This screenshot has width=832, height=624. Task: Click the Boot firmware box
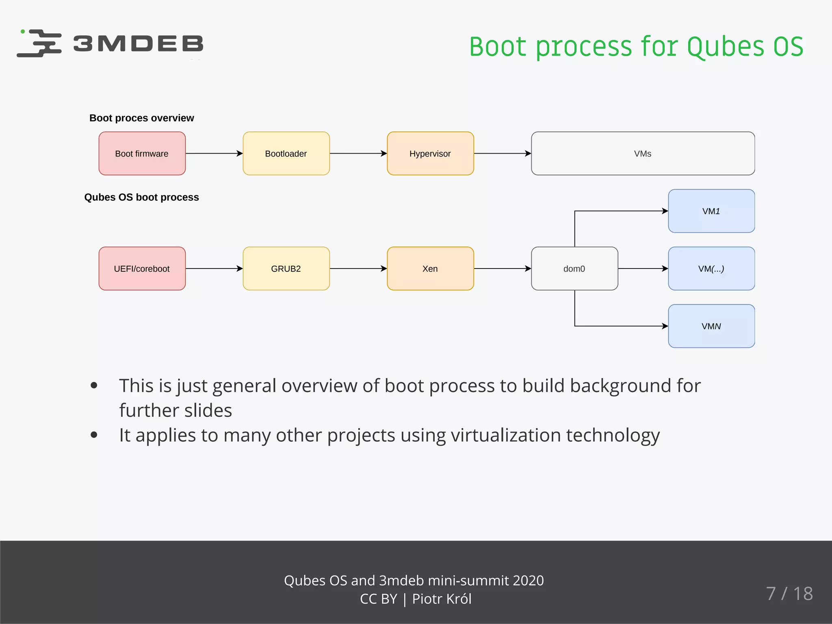click(142, 154)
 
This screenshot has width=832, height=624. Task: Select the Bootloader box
click(286, 154)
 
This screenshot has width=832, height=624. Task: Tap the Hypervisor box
click(430, 154)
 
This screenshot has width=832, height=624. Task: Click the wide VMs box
click(643, 154)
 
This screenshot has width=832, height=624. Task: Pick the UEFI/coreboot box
click(142, 269)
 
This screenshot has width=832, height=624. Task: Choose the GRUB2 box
click(286, 269)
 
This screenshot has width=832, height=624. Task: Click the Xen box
click(430, 269)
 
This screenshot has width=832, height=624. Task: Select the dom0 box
click(574, 269)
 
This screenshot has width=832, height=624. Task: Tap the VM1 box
click(711, 211)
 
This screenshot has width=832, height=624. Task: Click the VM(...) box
click(711, 269)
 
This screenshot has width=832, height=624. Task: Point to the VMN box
click(711, 326)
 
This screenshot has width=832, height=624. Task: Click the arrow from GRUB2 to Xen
click(358, 269)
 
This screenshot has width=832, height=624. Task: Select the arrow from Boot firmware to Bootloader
click(214, 154)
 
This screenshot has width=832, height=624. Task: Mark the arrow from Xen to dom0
click(502, 269)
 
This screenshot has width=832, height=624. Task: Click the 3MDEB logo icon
click(40, 43)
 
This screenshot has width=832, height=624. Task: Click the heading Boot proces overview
click(141, 118)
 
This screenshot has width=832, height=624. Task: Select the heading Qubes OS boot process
click(141, 197)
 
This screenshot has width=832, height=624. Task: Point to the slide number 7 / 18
click(789, 594)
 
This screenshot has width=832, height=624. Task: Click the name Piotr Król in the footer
click(442, 599)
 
